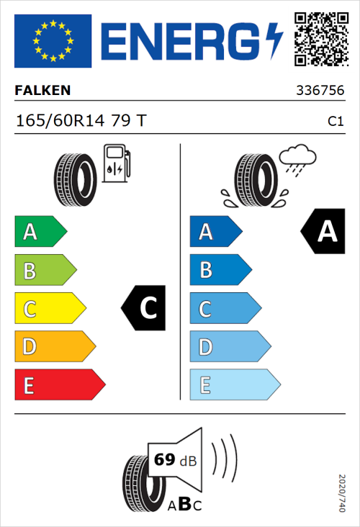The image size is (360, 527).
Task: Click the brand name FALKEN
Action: click(42, 91)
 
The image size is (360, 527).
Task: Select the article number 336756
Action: click(320, 91)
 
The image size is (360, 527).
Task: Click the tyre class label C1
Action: click(335, 122)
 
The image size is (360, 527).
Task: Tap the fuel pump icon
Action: click(117, 163)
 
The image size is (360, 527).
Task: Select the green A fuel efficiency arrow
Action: click(40, 232)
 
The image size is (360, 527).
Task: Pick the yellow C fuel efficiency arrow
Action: click(49, 309)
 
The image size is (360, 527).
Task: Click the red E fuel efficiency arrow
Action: click(59, 385)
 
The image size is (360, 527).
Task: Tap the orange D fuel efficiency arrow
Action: click(54, 347)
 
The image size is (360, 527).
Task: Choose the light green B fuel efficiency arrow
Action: click(45, 271)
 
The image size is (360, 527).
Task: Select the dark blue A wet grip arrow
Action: click(215, 232)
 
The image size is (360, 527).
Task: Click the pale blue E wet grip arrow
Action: click(234, 385)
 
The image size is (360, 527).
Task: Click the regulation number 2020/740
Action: click(342, 493)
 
